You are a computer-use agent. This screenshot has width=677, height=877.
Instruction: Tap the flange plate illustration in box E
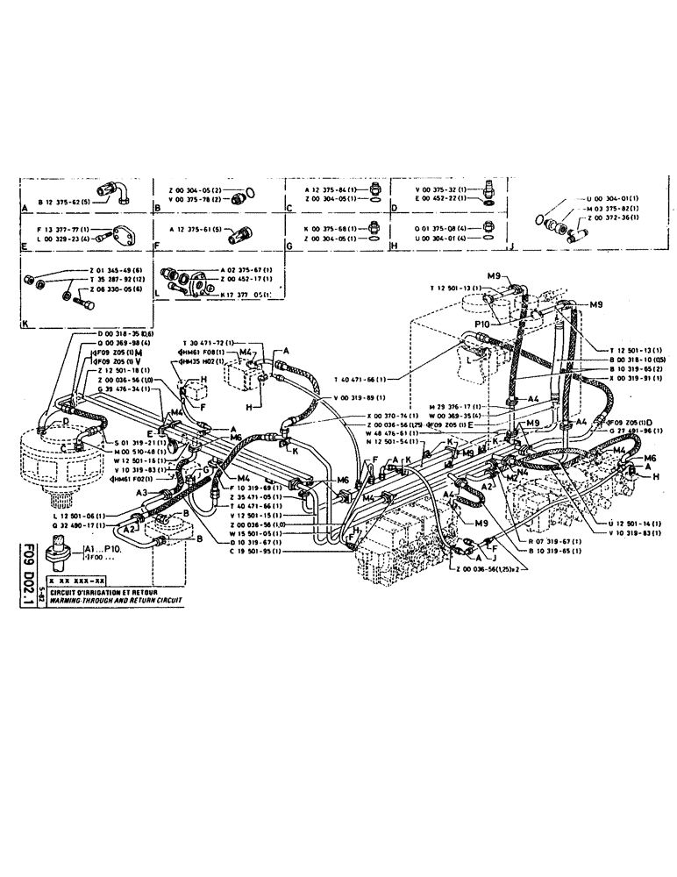coord(120,234)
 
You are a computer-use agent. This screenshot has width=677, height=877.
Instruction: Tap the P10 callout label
coord(481,323)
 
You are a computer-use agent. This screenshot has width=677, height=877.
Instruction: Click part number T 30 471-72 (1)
coord(209,342)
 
